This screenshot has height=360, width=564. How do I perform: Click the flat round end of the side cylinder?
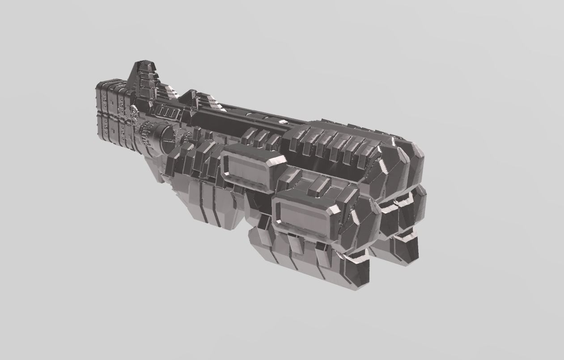(166, 138)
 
